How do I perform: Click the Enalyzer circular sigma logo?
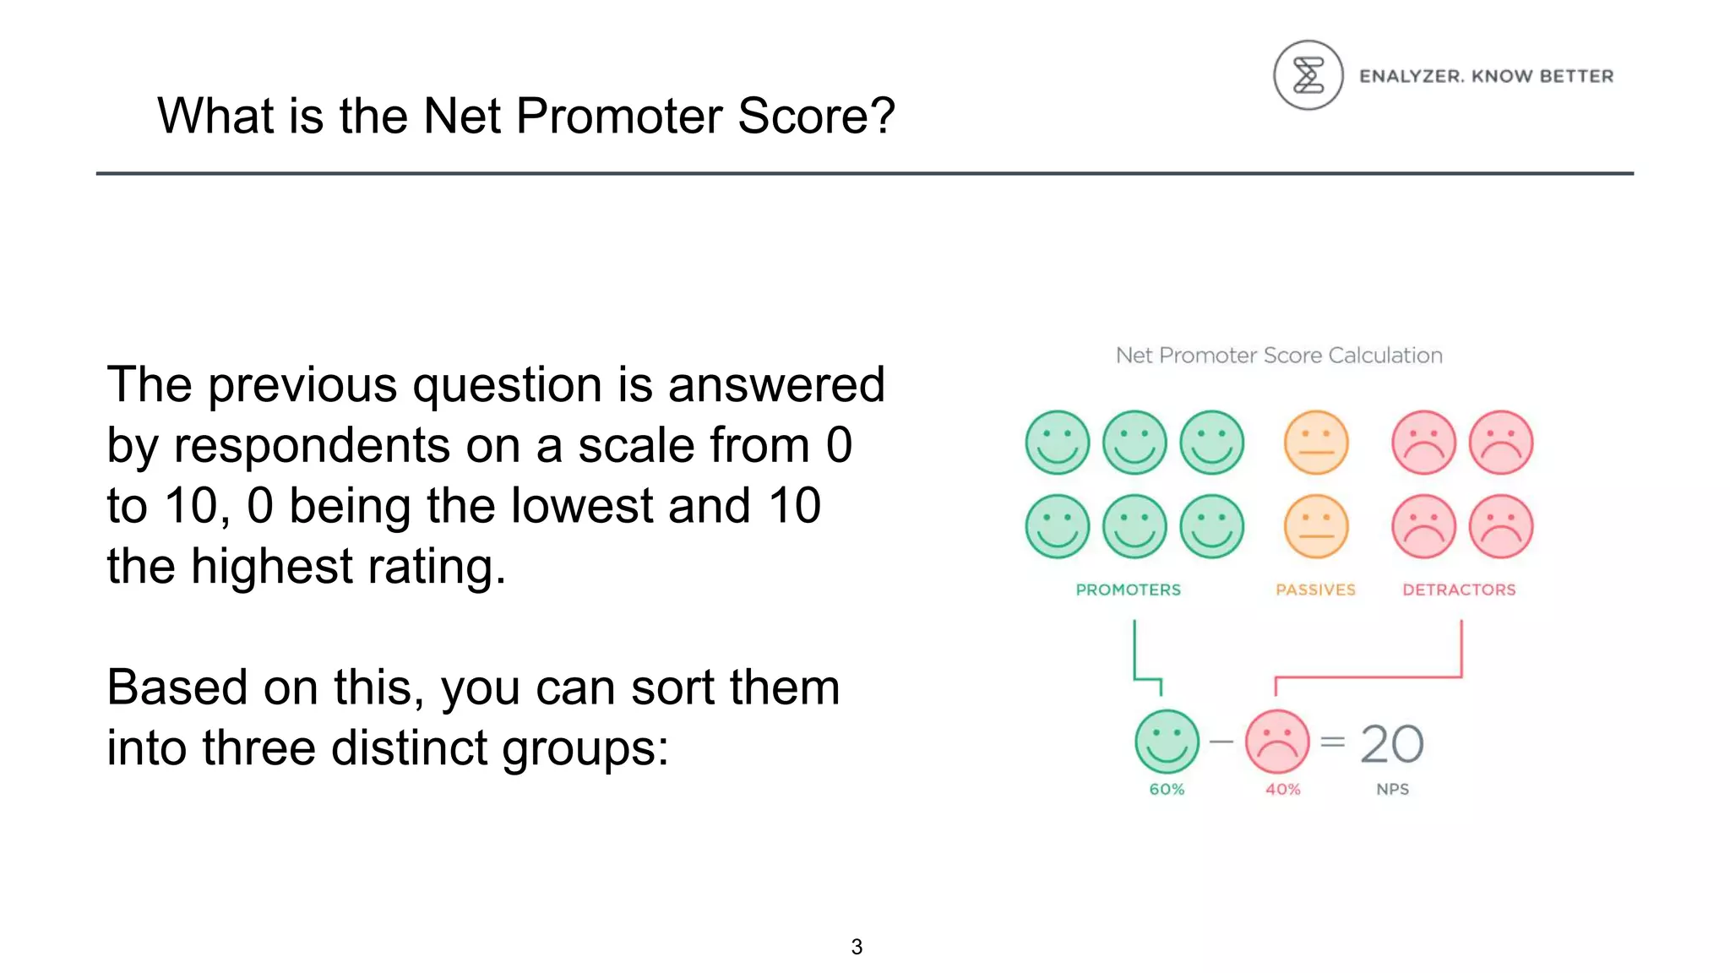tap(1308, 75)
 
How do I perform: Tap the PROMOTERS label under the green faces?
tap(1128, 590)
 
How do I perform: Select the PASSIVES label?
tap(1315, 590)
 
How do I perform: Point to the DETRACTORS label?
tap(1459, 590)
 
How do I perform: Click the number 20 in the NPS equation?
tap(1391, 744)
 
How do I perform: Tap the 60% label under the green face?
tap(1167, 789)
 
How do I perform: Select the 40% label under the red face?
tap(1282, 789)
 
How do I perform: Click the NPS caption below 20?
tap(1392, 789)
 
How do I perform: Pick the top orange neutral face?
tap(1316, 443)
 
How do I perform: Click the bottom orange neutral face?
tap(1316, 526)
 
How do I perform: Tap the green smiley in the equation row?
tap(1167, 742)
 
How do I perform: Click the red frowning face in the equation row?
tap(1277, 742)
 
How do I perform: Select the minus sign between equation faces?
tap(1221, 742)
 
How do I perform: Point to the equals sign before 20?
tap(1332, 742)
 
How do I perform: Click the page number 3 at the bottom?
tap(857, 947)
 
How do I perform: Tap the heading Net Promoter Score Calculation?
tap(1279, 356)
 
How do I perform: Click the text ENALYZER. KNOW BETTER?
tap(1486, 76)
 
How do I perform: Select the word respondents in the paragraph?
tap(311, 445)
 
